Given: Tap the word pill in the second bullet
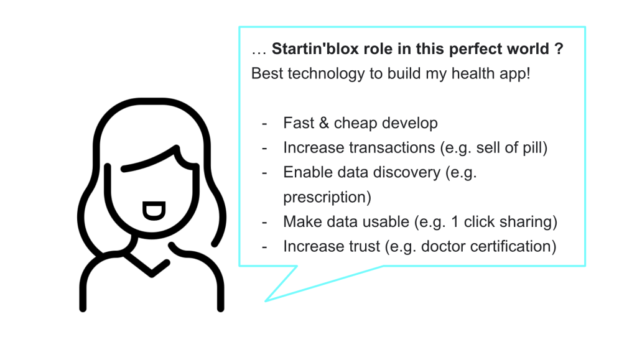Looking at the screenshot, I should [531, 148].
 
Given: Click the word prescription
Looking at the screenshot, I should [327, 197].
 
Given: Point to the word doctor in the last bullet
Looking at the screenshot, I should [444, 246].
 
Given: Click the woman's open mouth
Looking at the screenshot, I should [152, 211].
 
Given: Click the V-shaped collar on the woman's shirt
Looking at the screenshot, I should [151, 269].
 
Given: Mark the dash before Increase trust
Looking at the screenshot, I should [265, 247].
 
